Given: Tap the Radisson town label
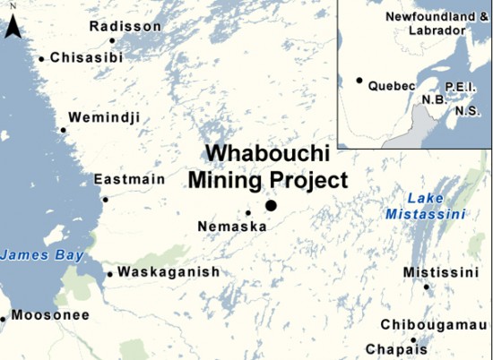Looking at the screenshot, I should [126, 26].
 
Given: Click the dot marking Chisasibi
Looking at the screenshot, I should [41, 60].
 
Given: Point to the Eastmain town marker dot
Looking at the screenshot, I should [105, 199].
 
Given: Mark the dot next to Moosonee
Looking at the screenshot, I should [4, 317].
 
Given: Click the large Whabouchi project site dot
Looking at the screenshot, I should [271, 206].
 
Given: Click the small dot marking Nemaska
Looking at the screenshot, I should [248, 212].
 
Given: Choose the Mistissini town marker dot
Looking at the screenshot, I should [426, 287].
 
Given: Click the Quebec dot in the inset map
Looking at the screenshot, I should [359, 81].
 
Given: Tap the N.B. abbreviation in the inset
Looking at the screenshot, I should [434, 99].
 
